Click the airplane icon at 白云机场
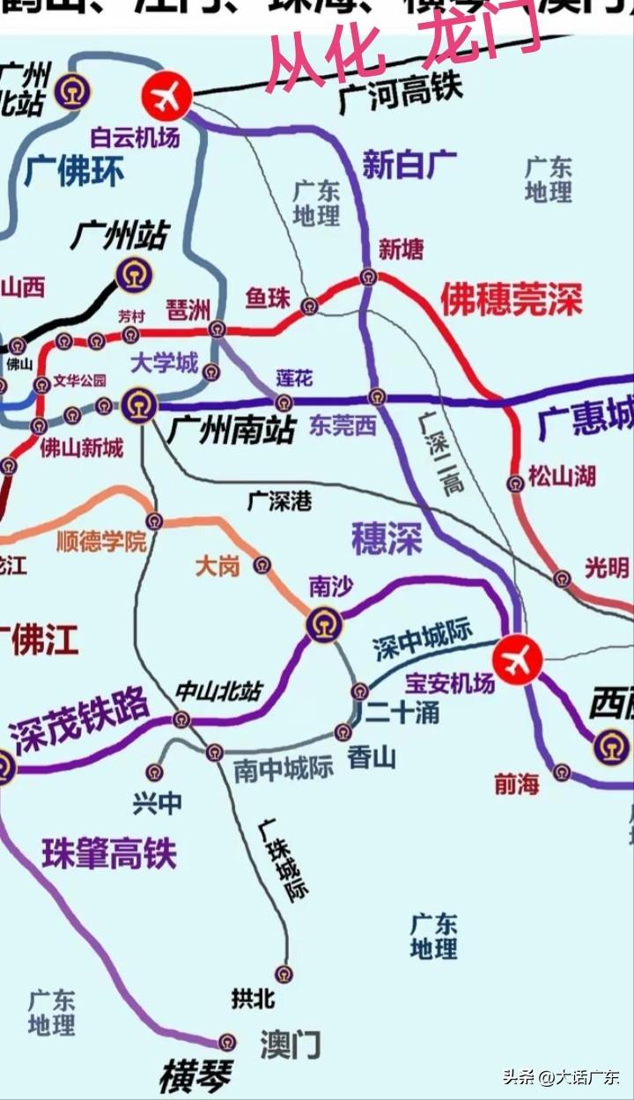pos(167,94)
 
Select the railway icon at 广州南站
pos(138,406)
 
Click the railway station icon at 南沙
pos(323,624)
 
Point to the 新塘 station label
pos(401,249)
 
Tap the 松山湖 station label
pos(562,476)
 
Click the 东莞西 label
pos(343,425)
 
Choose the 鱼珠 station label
pos(268,299)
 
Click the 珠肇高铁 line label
pos(109,853)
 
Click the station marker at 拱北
pos(284,973)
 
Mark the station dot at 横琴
pos(227,1043)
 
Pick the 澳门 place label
pos(290,1045)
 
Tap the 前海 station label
pos(517,784)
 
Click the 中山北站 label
pos(218,691)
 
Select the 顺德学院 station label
pos(101,542)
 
